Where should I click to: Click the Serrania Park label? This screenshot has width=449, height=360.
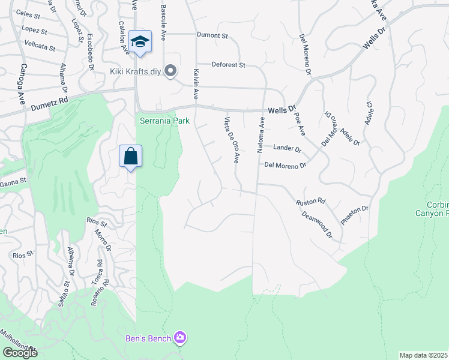pos(164,121)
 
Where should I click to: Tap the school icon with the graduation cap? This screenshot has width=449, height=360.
pos(140,41)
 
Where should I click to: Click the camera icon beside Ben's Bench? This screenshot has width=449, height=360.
pos(179,338)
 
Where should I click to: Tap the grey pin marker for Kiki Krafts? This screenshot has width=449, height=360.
pos(170,71)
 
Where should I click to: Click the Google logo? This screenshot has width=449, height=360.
pos(20,353)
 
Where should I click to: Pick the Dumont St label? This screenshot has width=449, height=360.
pos(213,35)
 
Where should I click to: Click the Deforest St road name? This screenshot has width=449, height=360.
pos(229,65)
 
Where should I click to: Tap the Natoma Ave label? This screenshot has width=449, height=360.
pos(261,135)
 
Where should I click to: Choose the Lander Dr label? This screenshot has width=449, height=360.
pos(287,148)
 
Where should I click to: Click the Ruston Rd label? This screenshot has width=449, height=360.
pos(310,202)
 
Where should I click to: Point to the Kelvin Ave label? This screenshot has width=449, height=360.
pos(195,83)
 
